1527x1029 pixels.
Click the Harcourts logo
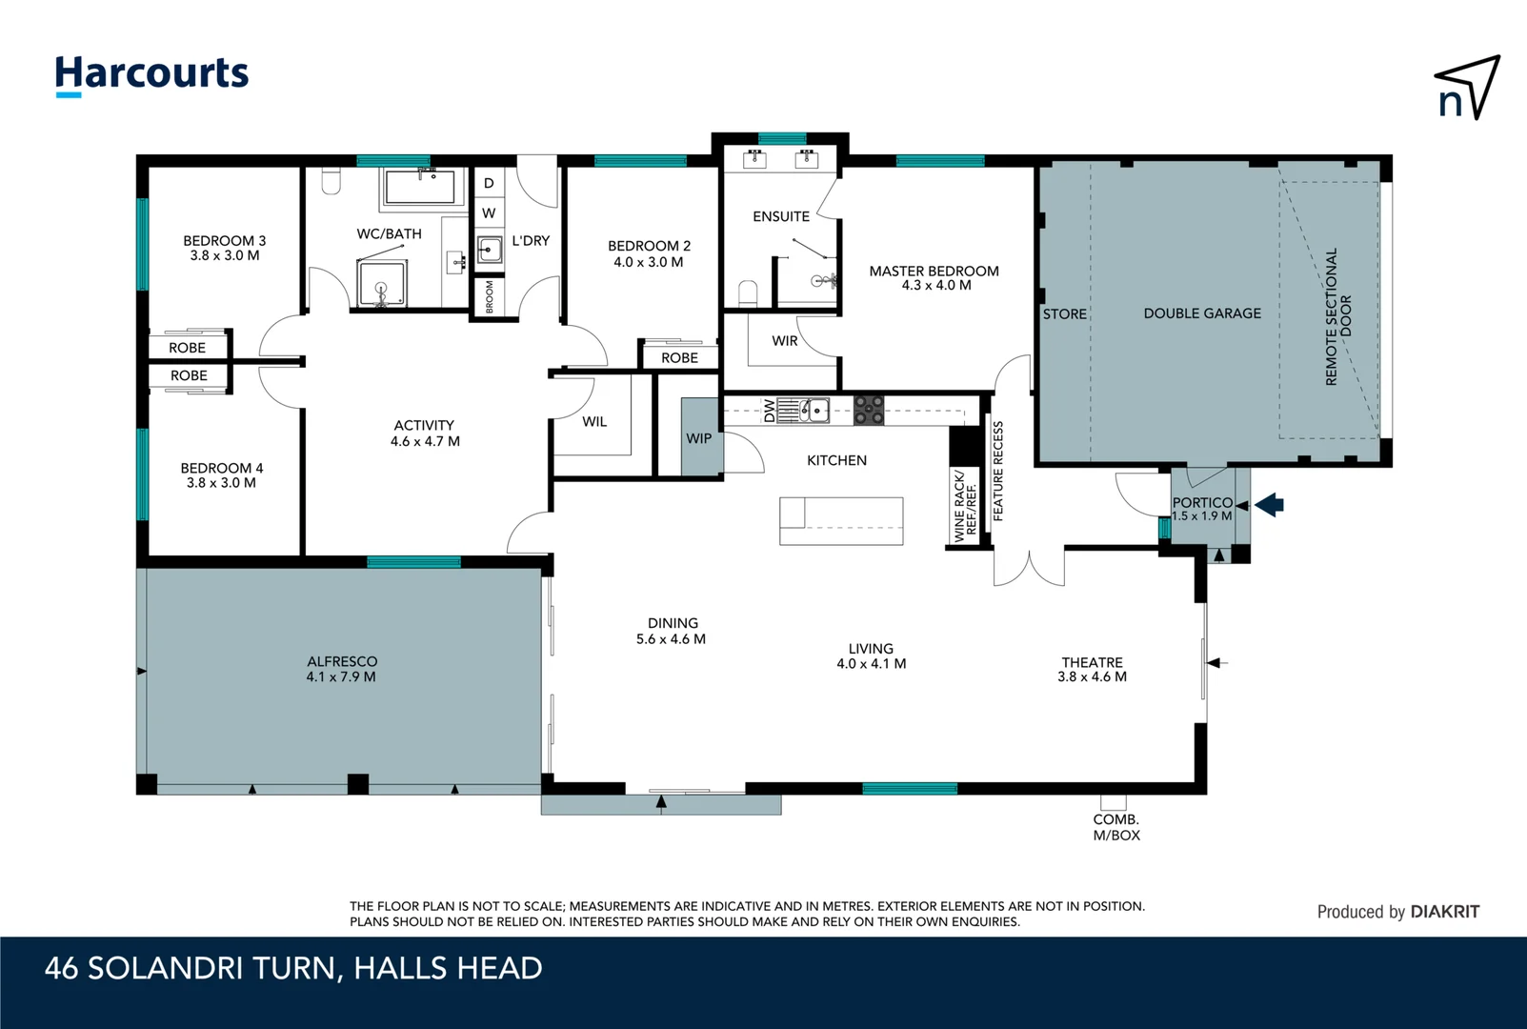[x=151, y=74]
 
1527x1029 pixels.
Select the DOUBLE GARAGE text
[x=1202, y=313]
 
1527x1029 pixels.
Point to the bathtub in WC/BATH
[x=420, y=187]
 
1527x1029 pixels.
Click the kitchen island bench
[x=841, y=521]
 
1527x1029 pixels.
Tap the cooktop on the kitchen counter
[x=868, y=411]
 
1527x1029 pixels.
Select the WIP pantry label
[x=699, y=438]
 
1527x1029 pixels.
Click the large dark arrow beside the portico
[x=1270, y=505]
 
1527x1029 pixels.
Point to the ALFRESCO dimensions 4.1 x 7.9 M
[x=341, y=677]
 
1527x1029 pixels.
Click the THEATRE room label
[x=1092, y=662]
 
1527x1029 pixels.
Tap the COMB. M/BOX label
[x=1116, y=827]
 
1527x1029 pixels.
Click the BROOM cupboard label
[x=490, y=296]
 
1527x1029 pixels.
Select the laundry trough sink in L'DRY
[x=489, y=251]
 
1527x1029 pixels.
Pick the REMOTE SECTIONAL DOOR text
[x=1338, y=317]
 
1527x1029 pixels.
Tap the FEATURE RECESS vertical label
[x=998, y=471]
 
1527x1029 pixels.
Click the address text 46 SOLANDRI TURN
[x=191, y=969]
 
